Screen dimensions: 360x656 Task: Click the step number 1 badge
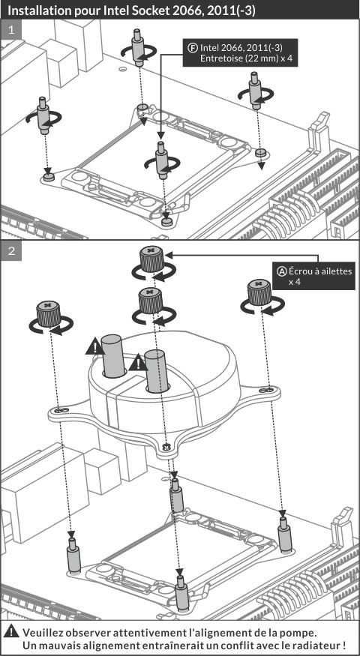click(11, 31)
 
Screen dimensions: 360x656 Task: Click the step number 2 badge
click(11, 251)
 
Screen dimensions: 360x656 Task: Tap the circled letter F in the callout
click(193, 46)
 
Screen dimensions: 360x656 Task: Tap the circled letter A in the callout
click(283, 272)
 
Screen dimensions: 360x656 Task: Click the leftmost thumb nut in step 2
click(49, 314)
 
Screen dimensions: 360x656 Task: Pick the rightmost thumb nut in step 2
click(259, 292)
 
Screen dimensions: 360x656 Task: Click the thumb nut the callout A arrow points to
click(151, 259)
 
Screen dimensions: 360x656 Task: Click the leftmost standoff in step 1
click(43, 115)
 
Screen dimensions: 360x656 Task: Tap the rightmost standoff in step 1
click(255, 91)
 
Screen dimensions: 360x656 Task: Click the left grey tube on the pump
click(113, 355)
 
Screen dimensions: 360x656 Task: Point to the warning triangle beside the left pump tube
click(94, 347)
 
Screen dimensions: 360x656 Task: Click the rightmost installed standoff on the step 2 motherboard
click(284, 535)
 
